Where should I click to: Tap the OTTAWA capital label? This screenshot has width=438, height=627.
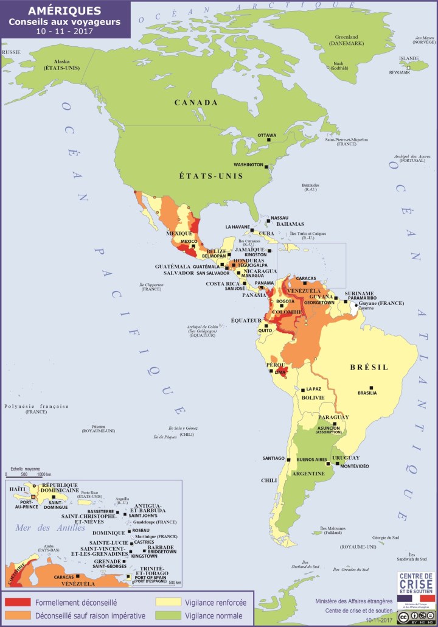tap(266, 135)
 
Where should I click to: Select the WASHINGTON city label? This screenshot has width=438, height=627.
tap(248, 165)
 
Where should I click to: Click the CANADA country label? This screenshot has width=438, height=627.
tap(196, 102)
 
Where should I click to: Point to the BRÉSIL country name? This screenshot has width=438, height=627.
tap(369, 367)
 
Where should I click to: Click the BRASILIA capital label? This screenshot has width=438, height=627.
tap(367, 393)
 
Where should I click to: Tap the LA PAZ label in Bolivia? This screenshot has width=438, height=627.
tap(313, 389)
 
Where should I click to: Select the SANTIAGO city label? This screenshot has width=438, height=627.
tap(273, 458)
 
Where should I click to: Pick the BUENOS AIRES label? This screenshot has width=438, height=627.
tap(312, 459)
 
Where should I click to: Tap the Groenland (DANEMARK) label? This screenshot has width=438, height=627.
tap(344, 40)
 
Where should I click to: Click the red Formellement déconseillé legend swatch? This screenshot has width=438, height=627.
tap(17, 602)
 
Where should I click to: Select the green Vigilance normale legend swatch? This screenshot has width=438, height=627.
tap(166, 615)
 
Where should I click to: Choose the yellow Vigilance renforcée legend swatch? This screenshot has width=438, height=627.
tap(166, 602)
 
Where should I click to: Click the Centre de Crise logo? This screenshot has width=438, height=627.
tap(416, 588)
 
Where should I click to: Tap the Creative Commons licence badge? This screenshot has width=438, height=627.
tap(417, 617)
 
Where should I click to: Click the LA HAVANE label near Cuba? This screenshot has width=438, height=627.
tap(238, 227)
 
